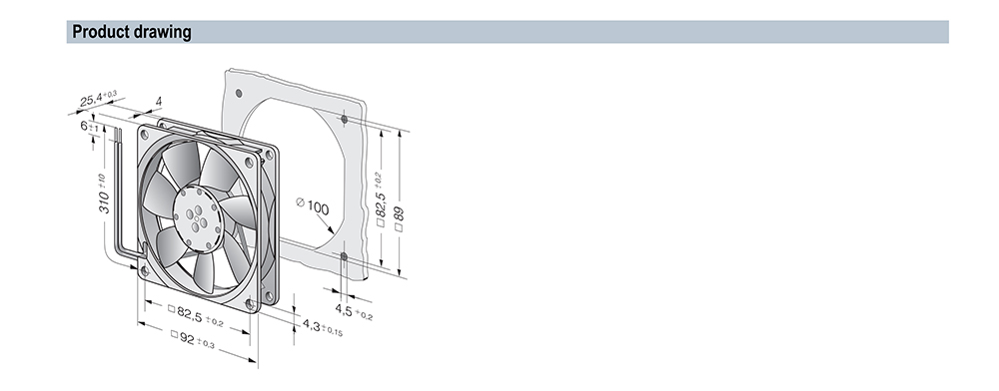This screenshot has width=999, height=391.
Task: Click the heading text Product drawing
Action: coord(131,32)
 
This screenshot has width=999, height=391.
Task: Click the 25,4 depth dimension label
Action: coord(98,99)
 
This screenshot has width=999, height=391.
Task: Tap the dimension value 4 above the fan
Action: coord(159,101)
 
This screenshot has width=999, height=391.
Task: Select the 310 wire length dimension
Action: coord(104,194)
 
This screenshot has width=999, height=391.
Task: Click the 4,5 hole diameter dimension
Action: coord(354,311)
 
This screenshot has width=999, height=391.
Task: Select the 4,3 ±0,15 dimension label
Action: coord(323,327)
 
